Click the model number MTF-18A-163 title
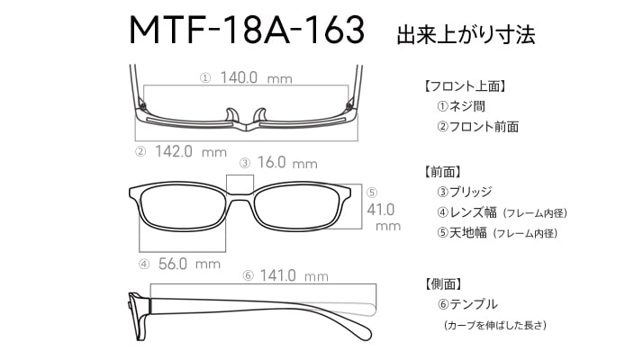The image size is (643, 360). tap(247, 30)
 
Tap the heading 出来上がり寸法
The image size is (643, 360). tap(466, 34)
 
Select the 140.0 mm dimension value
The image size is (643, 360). tap(256, 77)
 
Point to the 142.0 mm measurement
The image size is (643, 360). tap(191, 152)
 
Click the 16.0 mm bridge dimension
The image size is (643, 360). tap(287, 163)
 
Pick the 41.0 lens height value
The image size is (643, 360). tap(381, 210)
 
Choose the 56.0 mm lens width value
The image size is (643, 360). tap(189, 264)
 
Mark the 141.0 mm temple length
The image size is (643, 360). tap(294, 275)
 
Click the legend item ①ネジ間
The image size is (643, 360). tap(461, 106)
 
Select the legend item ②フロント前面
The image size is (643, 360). tap(477, 127)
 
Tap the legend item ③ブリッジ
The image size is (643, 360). tap(465, 192)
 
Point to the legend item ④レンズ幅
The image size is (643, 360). tap(466, 212)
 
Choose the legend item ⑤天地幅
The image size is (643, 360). tap(462, 233)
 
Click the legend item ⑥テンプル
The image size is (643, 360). tap(467, 304)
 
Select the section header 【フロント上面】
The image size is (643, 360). tap(465, 86)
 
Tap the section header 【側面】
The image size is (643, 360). tap(443, 283)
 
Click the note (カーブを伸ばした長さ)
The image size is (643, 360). tap(495, 325)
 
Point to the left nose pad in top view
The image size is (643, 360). tap(231, 115)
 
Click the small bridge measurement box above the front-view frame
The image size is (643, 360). tap(240, 184)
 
